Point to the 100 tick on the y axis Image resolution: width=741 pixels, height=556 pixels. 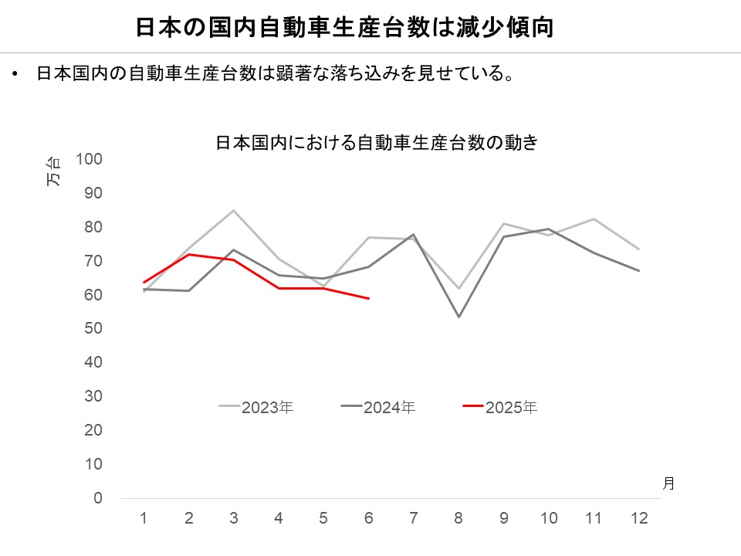click(90, 159)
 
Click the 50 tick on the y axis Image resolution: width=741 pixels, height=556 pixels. click(93, 329)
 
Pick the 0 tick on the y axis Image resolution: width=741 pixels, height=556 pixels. click(98, 498)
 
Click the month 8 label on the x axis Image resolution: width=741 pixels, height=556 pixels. click(458, 518)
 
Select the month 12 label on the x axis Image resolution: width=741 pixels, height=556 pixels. click(638, 518)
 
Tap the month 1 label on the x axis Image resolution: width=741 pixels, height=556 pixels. click(144, 518)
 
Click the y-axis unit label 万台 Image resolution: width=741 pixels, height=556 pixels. click(53, 171)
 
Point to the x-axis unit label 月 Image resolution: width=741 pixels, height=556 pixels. click(668, 483)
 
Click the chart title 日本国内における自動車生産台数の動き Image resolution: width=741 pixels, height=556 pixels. click(376, 143)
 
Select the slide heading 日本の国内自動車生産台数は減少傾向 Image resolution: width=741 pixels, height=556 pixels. click(345, 28)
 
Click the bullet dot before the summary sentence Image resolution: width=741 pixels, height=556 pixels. click(15, 75)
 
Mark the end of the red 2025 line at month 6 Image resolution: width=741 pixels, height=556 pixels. click(369, 298)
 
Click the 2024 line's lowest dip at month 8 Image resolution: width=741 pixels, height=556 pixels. click(458, 317)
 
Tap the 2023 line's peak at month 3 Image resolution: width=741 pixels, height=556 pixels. click(234, 210)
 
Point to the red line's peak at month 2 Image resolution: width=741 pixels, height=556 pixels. click(189, 254)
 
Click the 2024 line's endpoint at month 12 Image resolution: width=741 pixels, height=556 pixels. click(638, 271)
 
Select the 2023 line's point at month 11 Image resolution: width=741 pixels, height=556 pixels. click(594, 219)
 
